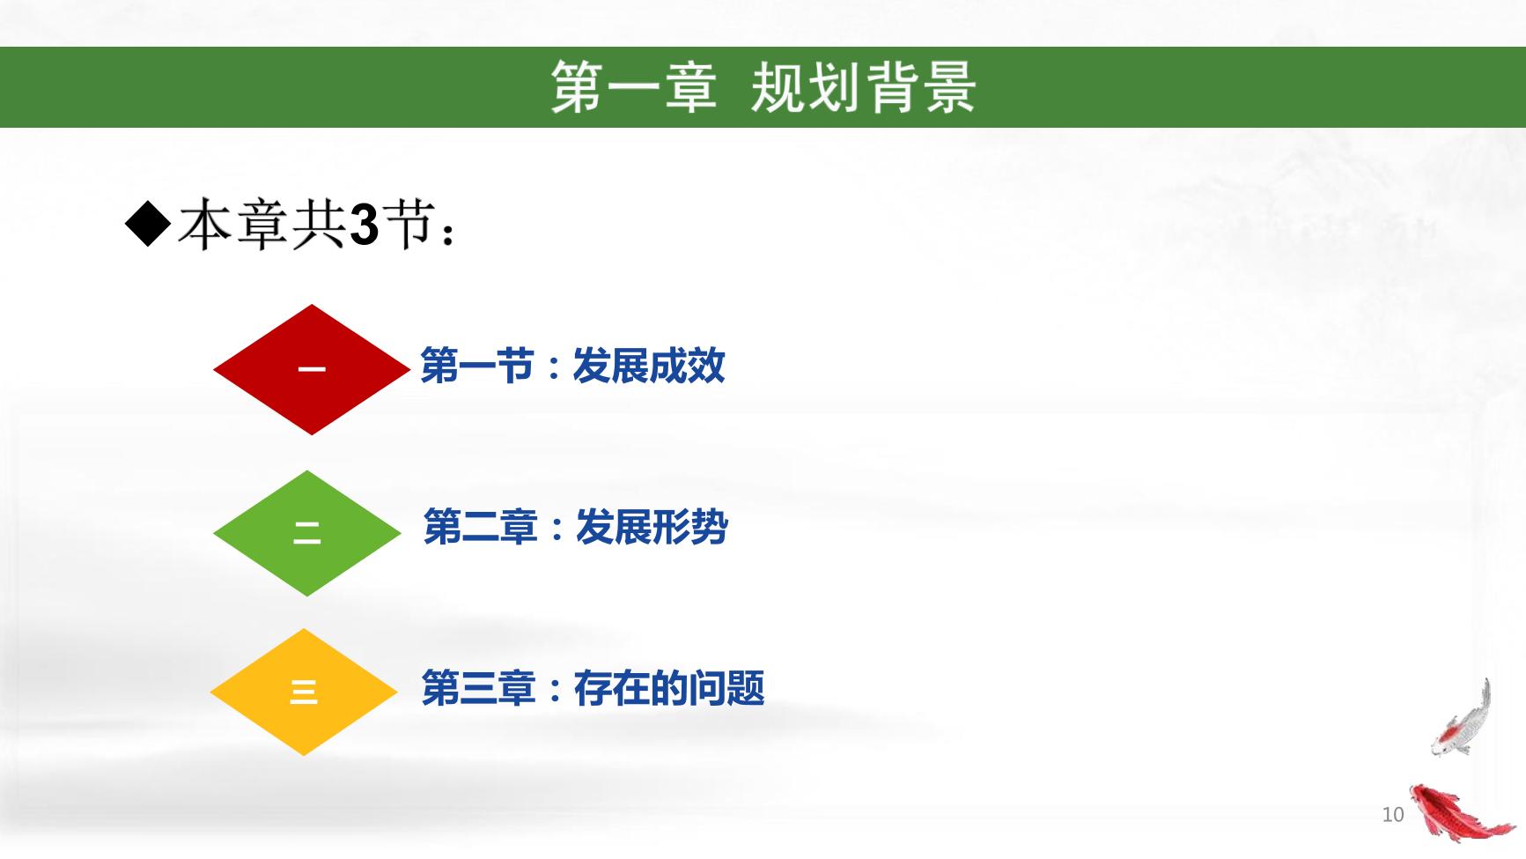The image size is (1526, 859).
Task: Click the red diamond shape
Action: [312, 369]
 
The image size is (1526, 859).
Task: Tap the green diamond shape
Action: [307, 533]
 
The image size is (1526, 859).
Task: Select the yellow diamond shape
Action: [304, 692]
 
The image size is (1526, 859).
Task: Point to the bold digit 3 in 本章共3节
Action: [364, 226]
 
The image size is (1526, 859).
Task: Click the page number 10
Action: [1392, 814]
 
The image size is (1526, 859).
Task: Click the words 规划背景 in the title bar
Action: [863, 87]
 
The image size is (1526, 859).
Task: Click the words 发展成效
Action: [649, 366]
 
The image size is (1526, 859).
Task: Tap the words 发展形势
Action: [652, 528]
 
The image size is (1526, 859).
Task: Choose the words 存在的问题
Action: [669, 688]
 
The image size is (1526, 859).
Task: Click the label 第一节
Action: [476, 366]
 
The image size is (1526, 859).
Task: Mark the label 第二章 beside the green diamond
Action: [480, 528]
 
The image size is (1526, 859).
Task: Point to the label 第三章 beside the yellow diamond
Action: [478, 688]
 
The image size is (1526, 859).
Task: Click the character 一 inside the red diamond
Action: [312, 369]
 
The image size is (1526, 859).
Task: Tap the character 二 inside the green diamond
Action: [307, 533]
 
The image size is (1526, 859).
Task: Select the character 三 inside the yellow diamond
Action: [304, 692]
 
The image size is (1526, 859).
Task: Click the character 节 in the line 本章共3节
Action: [409, 224]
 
